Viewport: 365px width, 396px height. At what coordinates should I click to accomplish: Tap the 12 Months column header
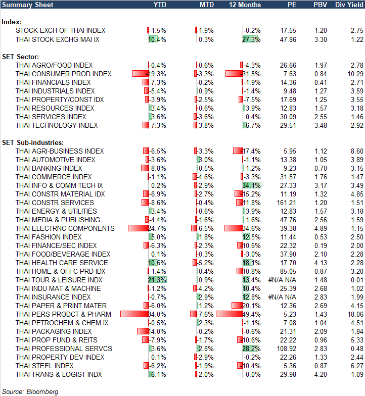(245, 5)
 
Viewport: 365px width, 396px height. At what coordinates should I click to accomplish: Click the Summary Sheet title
(25, 5)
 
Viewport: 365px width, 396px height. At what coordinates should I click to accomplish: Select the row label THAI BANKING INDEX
(49, 168)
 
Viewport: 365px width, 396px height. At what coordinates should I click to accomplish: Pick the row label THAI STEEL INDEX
(44, 366)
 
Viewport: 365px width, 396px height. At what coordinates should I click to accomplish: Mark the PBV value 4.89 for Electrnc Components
(321, 228)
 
